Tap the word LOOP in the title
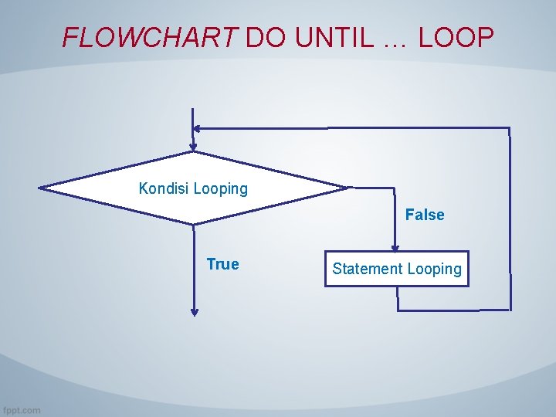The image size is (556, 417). (x=456, y=37)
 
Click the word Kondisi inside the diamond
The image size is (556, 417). (x=164, y=188)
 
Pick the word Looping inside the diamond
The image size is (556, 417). (x=221, y=188)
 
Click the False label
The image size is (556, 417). (x=425, y=215)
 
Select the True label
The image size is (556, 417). (x=222, y=264)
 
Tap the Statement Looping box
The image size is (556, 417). (x=396, y=269)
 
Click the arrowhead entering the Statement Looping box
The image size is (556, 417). (x=395, y=247)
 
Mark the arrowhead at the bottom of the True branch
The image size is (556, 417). (x=194, y=312)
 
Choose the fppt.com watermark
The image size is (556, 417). (x=21, y=410)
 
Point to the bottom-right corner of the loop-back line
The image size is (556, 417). (x=510, y=310)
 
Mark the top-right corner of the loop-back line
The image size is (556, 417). (x=510, y=128)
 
